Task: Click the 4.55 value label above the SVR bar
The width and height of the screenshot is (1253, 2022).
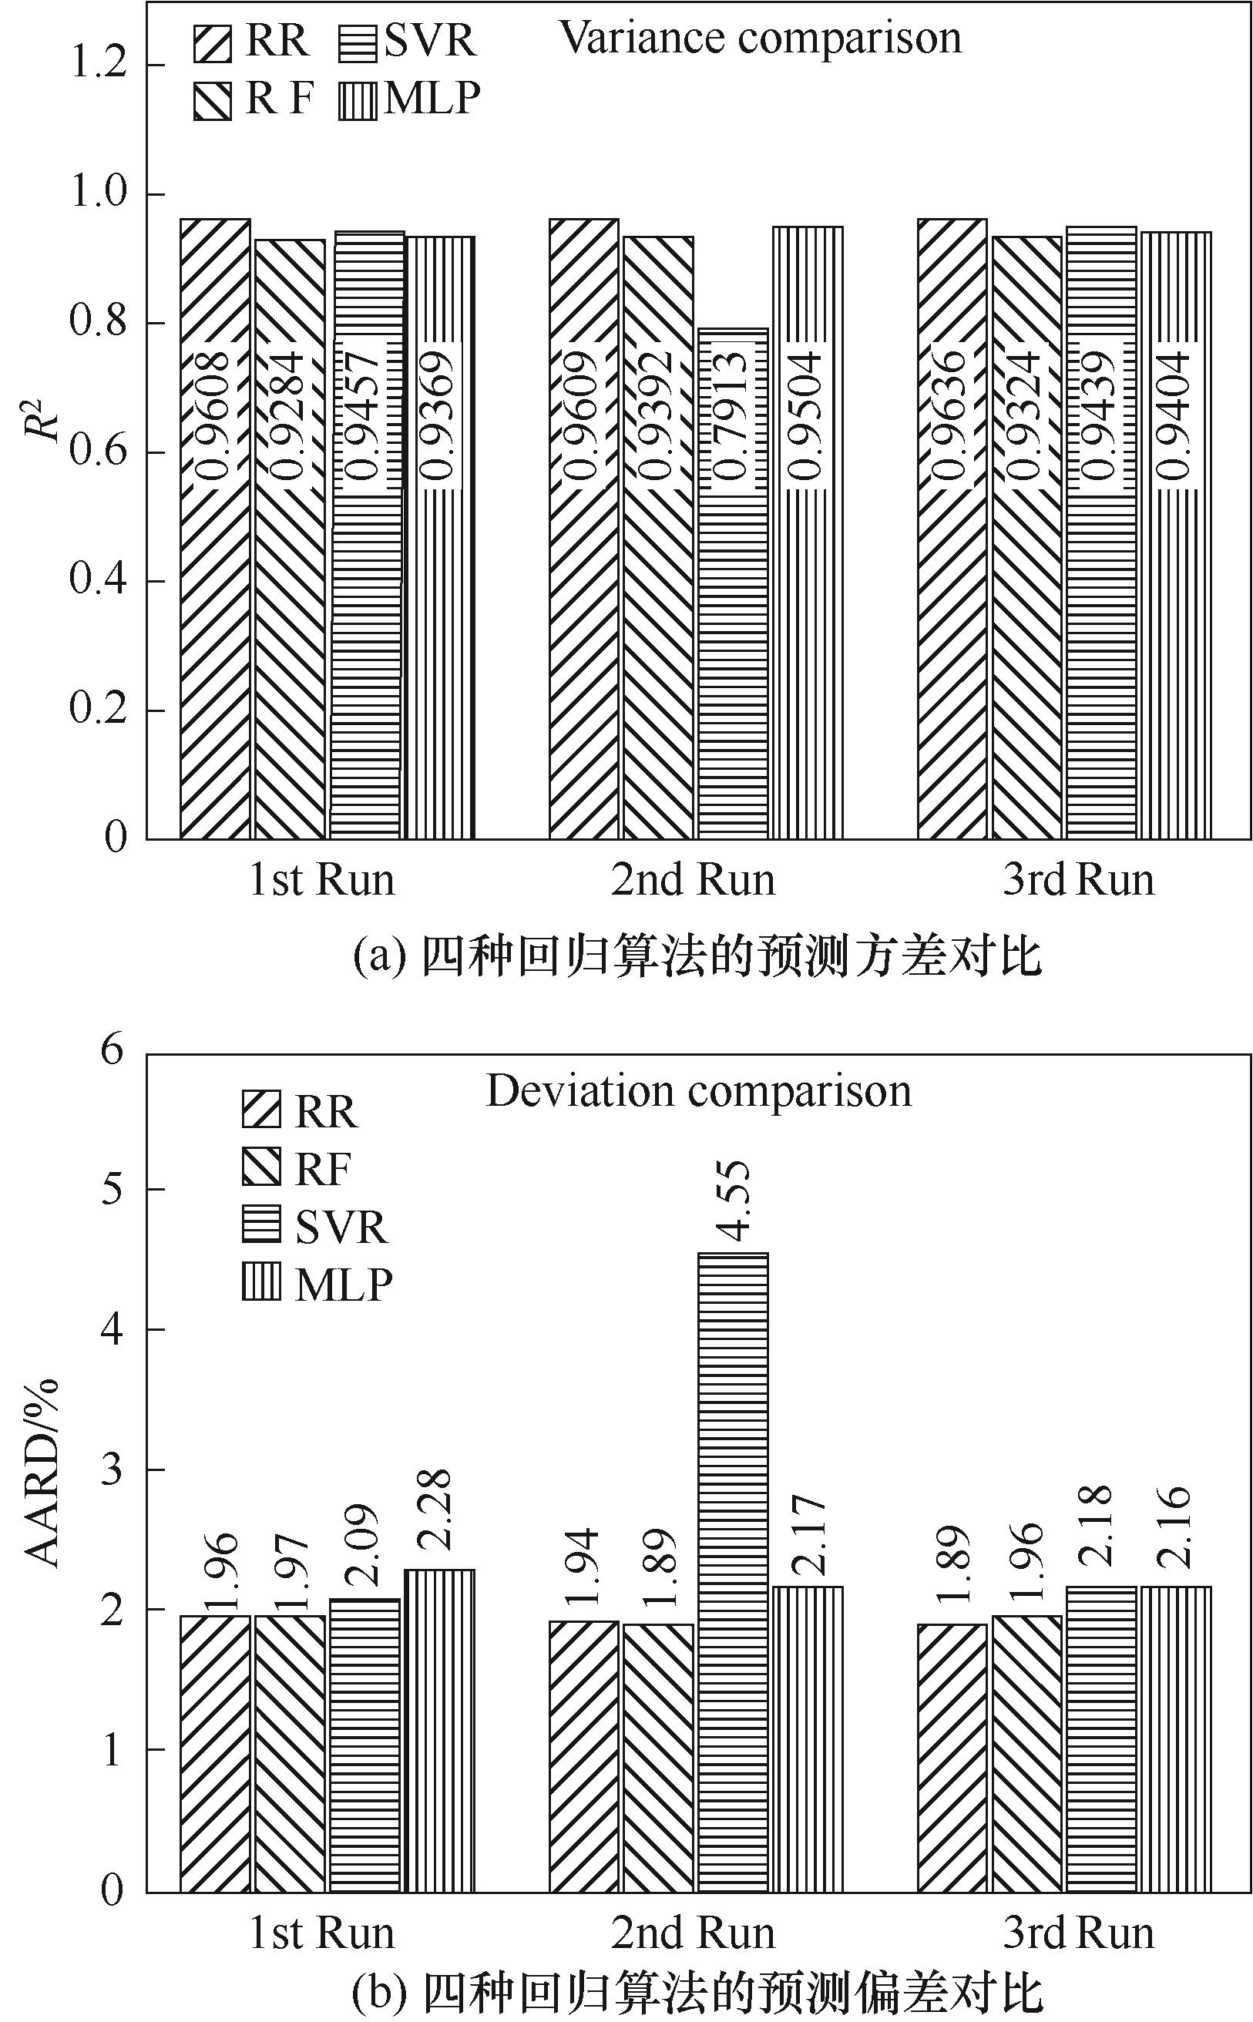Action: click(734, 1201)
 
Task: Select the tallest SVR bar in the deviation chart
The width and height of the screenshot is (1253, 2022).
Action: click(733, 1574)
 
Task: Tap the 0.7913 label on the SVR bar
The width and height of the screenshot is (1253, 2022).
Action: click(733, 415)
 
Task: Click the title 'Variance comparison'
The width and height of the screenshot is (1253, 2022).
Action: click(761, 38)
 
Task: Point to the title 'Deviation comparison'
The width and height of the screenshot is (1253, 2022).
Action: click(699, 1091)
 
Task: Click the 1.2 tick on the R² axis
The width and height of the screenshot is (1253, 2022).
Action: click(99, 64)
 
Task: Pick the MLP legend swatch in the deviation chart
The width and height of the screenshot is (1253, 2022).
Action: click(261, 1283)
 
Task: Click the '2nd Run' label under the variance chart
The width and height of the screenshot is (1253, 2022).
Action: click(694, 880)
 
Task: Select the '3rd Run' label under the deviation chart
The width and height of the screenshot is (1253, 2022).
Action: click(1078, 1933)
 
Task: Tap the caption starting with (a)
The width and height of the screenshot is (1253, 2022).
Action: click(696, 957)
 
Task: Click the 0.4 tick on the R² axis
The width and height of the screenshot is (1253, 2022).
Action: click(99, 581)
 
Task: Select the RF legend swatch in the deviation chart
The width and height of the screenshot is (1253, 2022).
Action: click(261, 1167)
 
